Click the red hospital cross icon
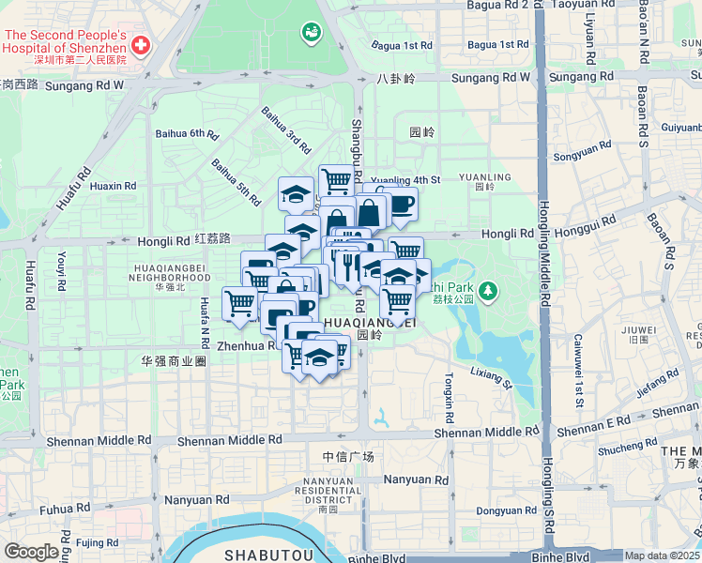(141, 44)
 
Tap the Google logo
(30, 552)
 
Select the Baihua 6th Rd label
(188, 134)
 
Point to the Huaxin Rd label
(114, 186)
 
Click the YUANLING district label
(484, 180)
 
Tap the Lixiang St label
(492, 378)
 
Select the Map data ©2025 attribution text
(663, 555)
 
